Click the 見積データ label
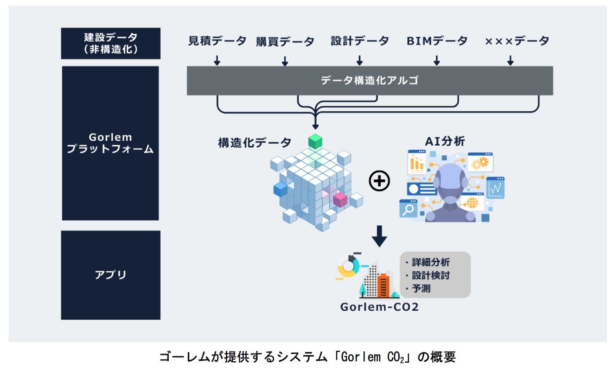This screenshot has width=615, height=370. click(x=217, y=41)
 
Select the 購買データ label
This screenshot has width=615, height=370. click(x=285, y=42)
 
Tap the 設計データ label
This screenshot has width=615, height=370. click(x=359, y=41)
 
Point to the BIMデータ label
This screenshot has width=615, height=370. click(x=437, y=41)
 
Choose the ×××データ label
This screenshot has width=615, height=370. click(x=517, y=41)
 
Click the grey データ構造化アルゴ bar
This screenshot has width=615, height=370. click(x=369, y=80)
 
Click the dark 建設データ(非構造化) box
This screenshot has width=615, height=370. click(x=111, y=43)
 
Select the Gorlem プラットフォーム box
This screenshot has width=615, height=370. click(x=110, y=143)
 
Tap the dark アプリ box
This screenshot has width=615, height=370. click(x=111, y=275)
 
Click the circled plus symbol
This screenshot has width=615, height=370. click(x=379, y=181)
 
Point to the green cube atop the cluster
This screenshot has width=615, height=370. click(x=315, y=141)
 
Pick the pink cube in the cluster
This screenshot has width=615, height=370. click(x=340, y=199)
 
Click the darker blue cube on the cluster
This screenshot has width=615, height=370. click(x=280, y=189)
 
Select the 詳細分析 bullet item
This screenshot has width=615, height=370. click(x=430, y=262)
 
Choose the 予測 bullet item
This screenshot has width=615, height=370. click(x=421, y=288)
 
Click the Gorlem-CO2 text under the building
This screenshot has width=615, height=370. click(x=379, y=307)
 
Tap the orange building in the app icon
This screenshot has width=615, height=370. click(x=383, y=285)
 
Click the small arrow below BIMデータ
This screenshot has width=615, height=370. click(x=437, y=61)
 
